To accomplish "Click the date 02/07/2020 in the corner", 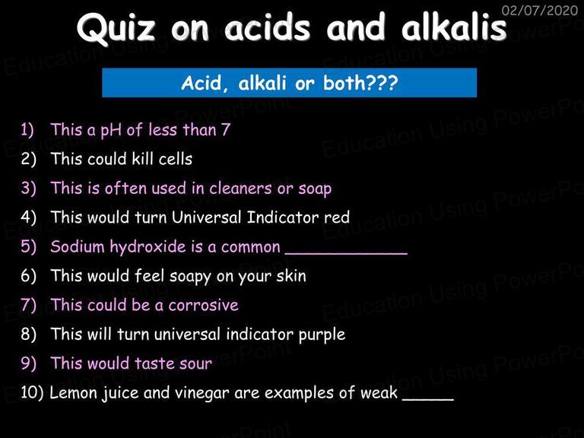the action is point(540,10).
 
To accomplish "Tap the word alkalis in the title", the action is point(454,27).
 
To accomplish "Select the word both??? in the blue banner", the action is point(360,82).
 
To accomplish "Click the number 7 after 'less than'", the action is point(226,129).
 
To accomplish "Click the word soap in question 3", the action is point(315,189).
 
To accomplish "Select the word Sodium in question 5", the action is point(77,246).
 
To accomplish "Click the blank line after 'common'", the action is point(347,254).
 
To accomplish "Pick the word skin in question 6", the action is point(291,275).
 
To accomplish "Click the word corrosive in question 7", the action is point(203,305).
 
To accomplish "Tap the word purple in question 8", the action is point(322,335).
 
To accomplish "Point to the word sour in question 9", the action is point(195,363).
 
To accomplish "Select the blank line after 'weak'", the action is point(428,400).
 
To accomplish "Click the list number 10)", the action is point(32,392).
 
